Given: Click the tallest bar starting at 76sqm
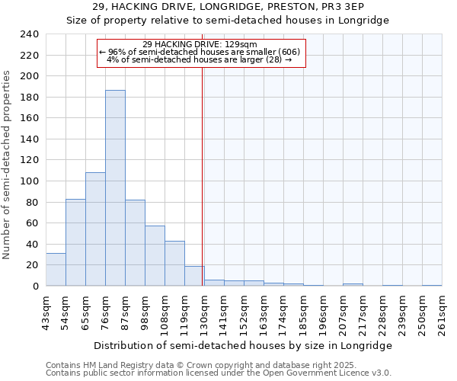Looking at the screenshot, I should pos(115,188).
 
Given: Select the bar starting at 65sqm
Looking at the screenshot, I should pos(95,229).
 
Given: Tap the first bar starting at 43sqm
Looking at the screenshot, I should pos(56,270).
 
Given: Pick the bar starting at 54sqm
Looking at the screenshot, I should pos(75,242).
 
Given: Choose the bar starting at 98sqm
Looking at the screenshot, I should pos(155,256).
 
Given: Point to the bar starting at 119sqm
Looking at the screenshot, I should pos(194,276).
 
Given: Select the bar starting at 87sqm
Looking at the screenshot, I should pos(135,243).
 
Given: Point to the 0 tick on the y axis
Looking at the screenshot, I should pos(36,287).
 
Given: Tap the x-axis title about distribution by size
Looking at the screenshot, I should pos(244,345).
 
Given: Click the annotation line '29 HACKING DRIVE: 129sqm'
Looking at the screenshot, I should pos(203,44).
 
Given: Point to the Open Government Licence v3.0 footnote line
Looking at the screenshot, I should pos(219,373).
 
